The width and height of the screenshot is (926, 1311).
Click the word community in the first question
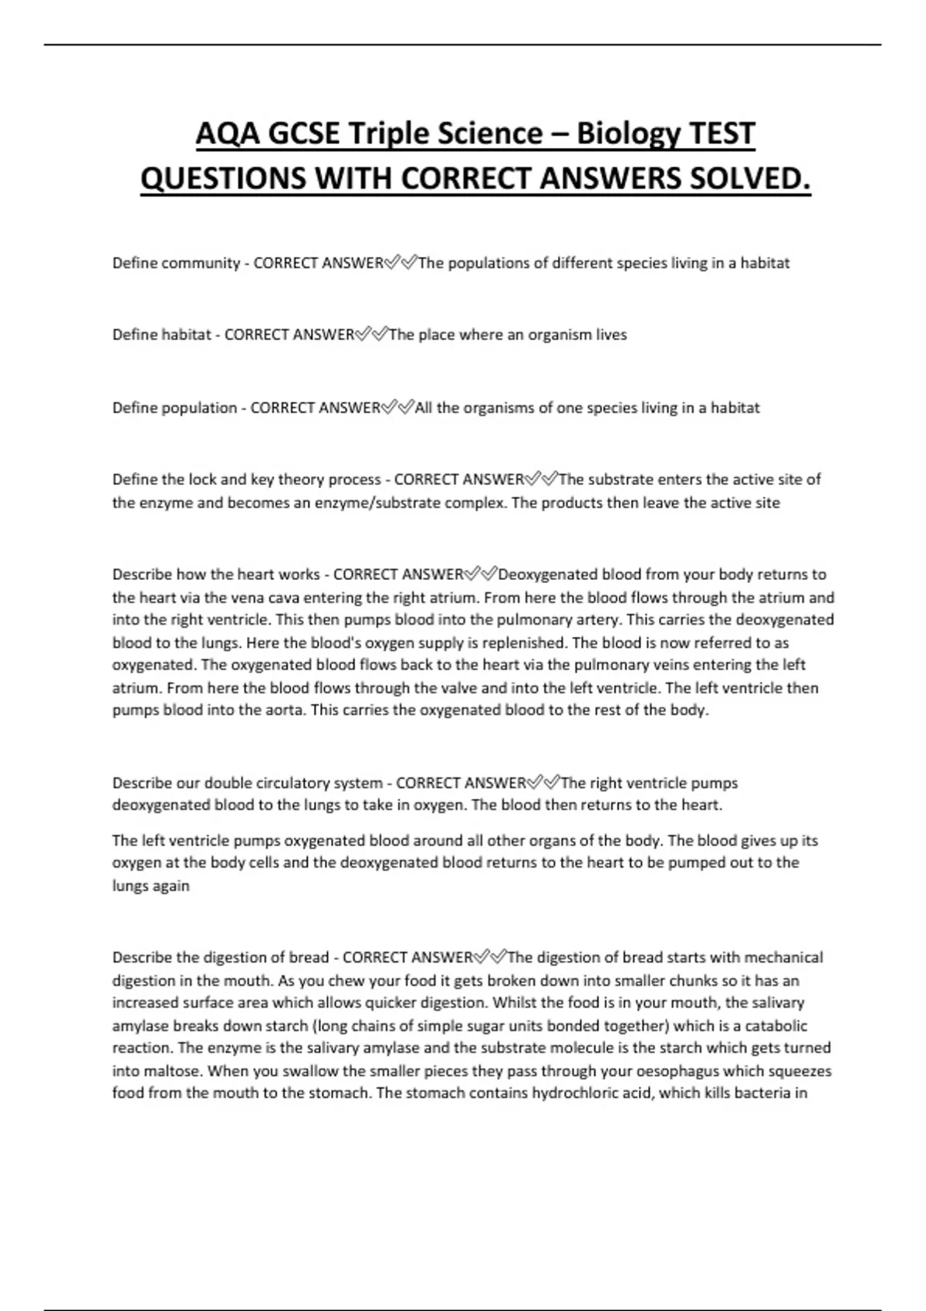point(200,263)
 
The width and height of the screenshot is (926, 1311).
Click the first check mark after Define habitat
point(363,335)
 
